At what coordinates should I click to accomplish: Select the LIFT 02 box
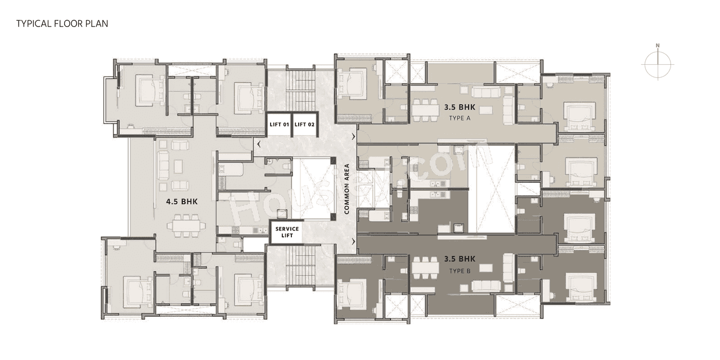pyautogui.click(x=304, y=124)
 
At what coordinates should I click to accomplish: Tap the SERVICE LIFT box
pyautogui.click(x=286, y=232)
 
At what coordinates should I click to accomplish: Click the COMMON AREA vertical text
pyautogui.click(x=347, y=189)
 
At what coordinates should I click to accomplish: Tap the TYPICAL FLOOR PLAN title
pyautogui.click(x=62, y=24)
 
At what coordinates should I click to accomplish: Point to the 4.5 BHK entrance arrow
pyautogui.click(x=258, y=145)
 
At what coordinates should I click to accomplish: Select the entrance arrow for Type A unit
pyautogui.click(x=354, y=137)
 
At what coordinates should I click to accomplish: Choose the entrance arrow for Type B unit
pyautogui.click(x=354, y=241)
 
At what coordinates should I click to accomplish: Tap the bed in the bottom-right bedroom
pyautogui.click(x=580, y=286)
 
